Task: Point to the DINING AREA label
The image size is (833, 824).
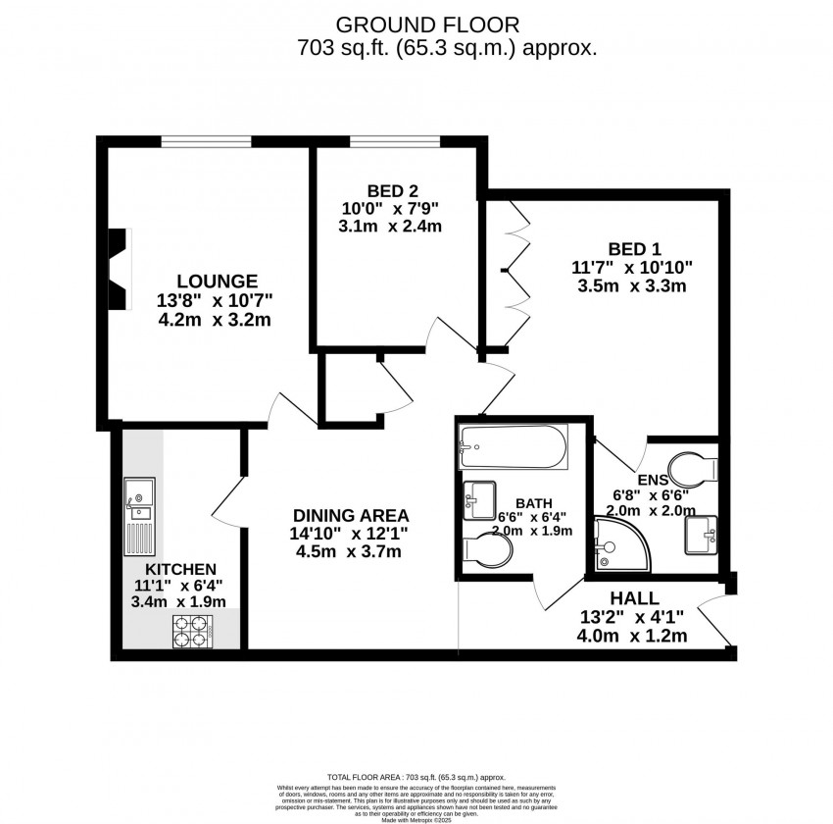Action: [x=352, y=515]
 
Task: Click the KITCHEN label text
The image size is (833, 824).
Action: [x=180, y=569]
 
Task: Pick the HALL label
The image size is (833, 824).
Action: [x=634, y=598]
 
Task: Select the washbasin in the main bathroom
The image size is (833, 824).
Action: [x=478, y=500]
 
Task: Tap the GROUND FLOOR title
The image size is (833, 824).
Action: [x=426, y=25]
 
